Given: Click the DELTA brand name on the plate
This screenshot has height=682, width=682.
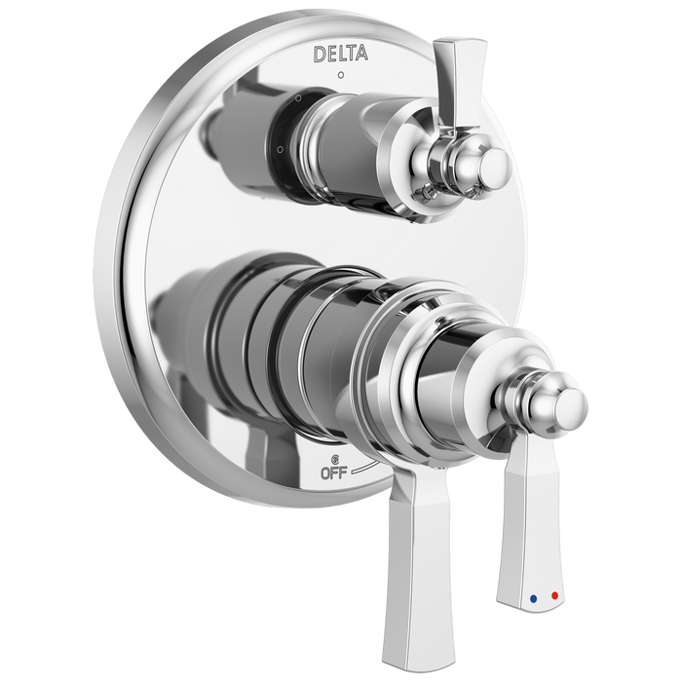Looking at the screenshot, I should pyautogui.click(x=340, y=54).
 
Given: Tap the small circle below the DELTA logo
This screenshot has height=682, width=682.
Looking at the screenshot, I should pyautogui.click(x=339, y=75).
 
